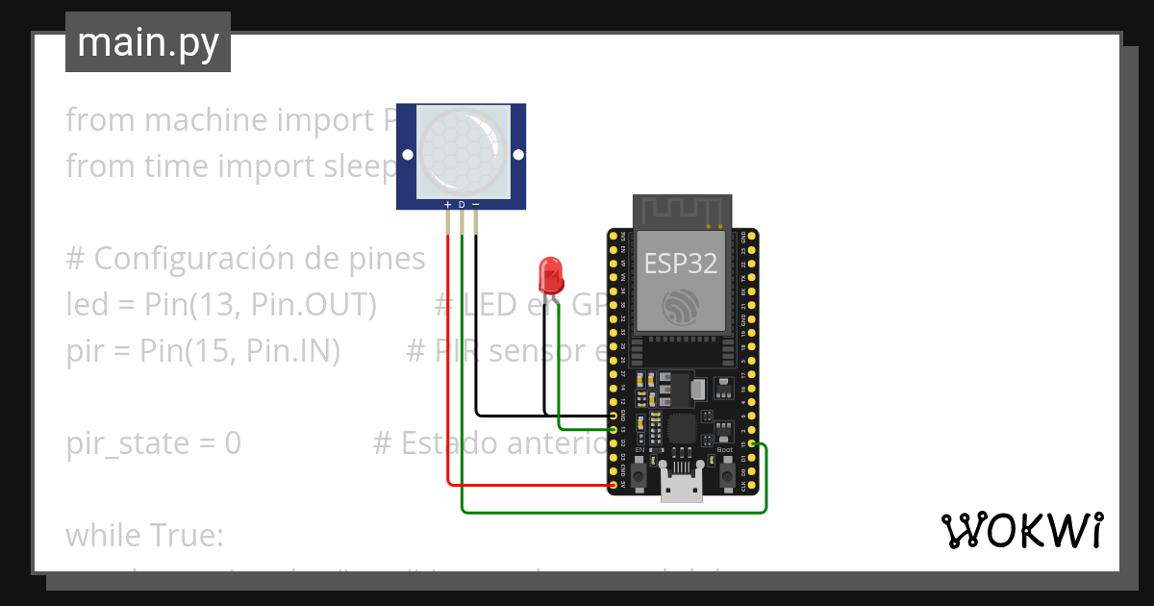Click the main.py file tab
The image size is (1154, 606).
point(148,42)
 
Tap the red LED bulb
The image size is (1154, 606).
point(551,274)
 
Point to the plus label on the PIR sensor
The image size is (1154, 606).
point(447,205)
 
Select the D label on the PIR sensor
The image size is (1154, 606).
point(462,205)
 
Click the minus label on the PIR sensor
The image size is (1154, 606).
point(475,205)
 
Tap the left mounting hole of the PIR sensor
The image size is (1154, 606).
point(408,154)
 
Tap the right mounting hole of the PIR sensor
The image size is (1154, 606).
point(517,154)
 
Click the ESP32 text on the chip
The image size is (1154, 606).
point(681,264)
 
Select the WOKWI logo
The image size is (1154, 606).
point(1021,530)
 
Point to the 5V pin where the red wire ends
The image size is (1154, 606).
point(614,486)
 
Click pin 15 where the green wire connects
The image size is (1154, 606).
point(751,443)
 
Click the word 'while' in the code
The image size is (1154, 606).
point(105,535)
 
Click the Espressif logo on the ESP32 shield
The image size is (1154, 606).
point(681,307)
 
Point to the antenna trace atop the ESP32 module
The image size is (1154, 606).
point(682,210)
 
